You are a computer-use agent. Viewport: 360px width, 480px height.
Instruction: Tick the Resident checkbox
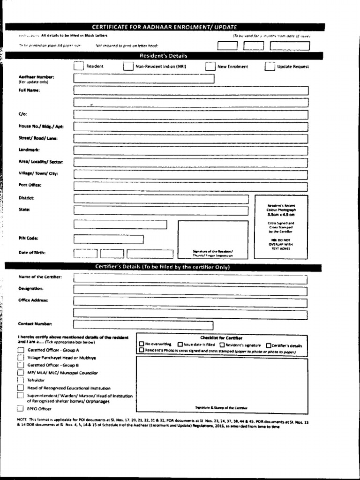[78, 67]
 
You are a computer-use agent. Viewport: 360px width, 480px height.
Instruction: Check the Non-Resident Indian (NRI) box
[128, 67]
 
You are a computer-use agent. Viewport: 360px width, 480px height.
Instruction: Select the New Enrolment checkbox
[210, 67]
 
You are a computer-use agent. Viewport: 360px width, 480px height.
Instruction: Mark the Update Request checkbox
[270, 67]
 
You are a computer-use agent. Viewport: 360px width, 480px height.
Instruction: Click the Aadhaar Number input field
[144, 79]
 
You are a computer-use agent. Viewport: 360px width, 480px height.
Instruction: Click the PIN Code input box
[109, 239]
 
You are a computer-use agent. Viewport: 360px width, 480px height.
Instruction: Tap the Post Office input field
[191, 186]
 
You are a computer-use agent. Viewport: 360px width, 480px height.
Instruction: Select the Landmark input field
[191, 150]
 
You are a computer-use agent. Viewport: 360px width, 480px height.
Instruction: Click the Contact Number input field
[143, 325]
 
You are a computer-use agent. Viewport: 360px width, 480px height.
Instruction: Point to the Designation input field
[190, 291]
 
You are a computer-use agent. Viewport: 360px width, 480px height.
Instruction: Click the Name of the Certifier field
[190, 279]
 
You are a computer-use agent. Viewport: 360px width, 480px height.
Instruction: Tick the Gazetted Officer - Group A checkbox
[20, 350]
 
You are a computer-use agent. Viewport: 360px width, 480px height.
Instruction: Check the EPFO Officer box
[20, 408]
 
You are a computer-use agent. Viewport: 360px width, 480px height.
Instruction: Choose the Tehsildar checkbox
[20, 380]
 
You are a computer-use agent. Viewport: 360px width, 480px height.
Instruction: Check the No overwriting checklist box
[142, 344]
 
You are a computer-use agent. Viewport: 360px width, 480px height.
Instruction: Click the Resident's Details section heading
[164, 56]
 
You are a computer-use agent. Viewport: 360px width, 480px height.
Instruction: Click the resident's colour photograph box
[281, 227]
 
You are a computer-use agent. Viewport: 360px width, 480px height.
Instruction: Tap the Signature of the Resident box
[213, 239]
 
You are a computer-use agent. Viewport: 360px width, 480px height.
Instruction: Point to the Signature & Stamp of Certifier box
[222, 385]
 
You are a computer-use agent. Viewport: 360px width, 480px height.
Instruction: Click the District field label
[26, 198]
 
